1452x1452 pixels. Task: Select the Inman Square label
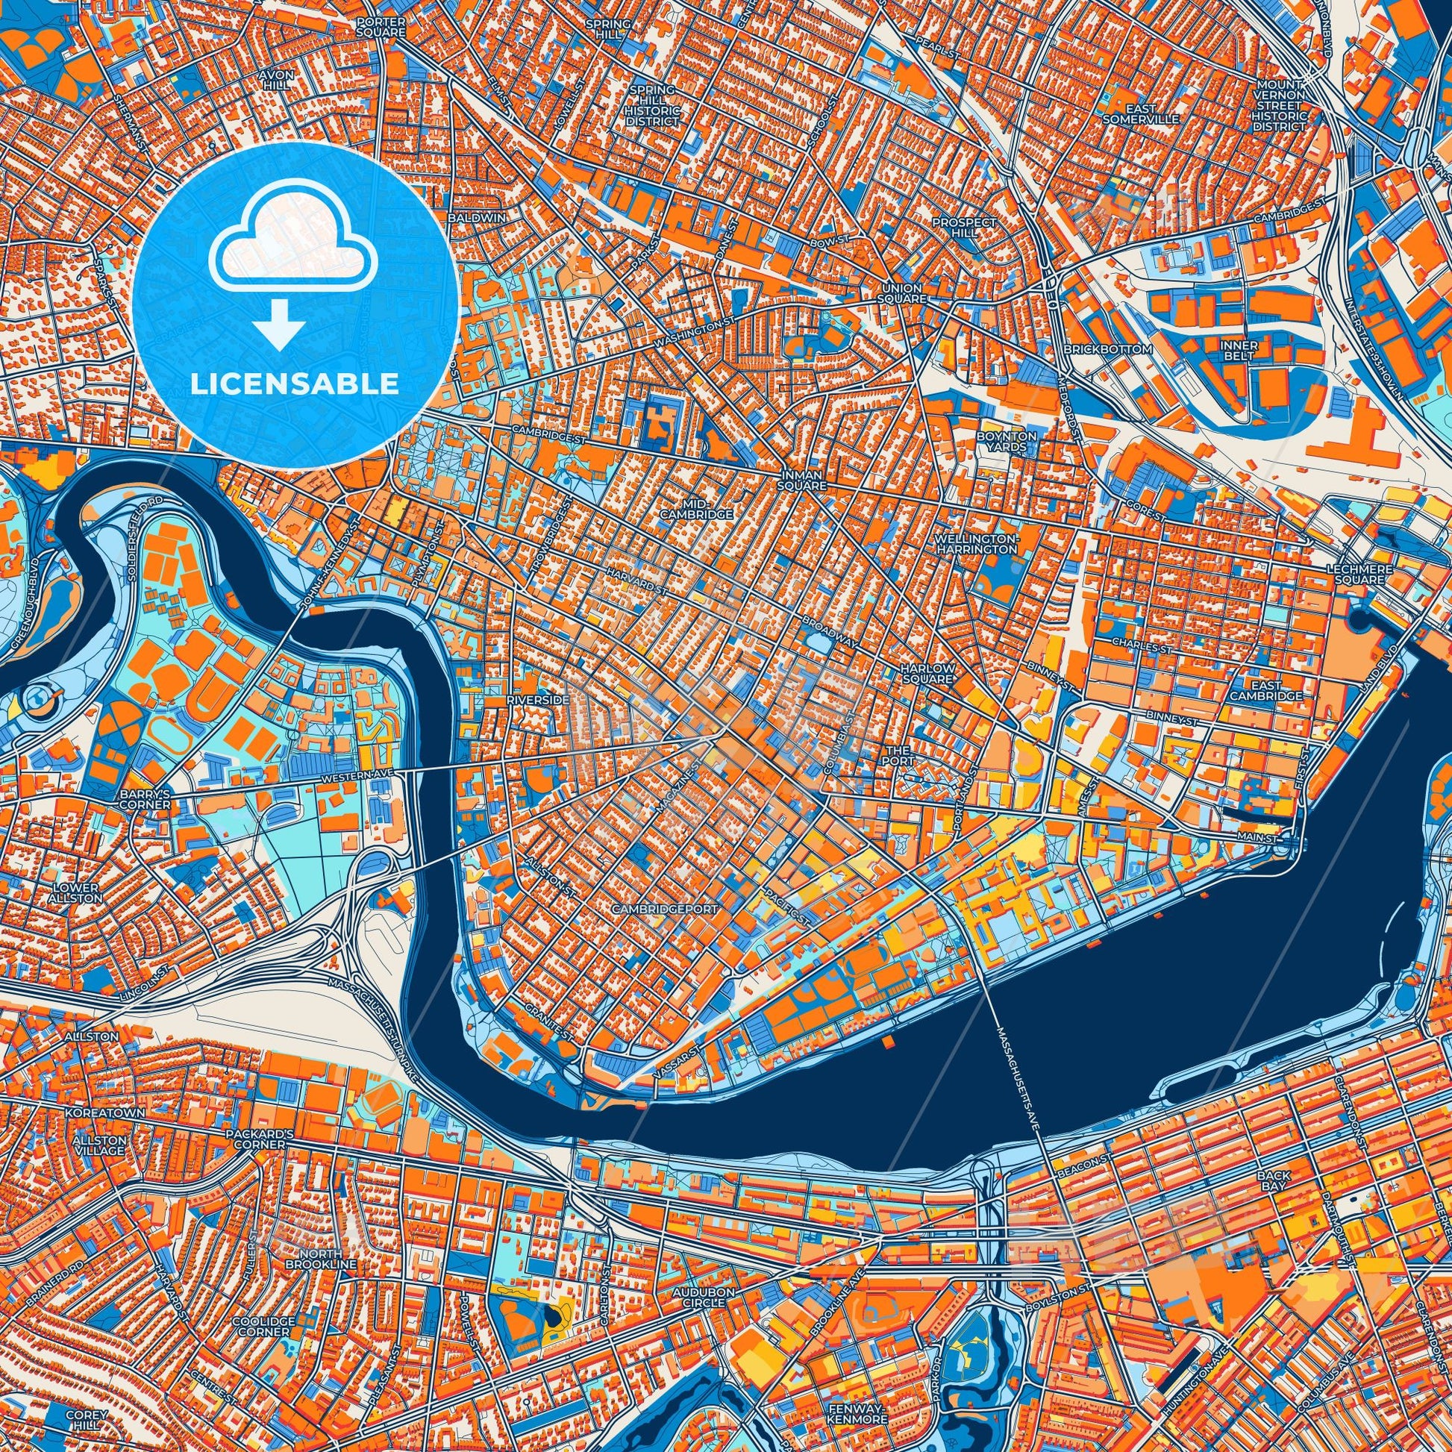tap(804, 481)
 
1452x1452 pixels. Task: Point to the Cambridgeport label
tap(665, 908)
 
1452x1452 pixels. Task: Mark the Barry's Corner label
tap(145, 799)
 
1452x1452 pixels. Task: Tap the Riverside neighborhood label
tap(533, 699)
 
